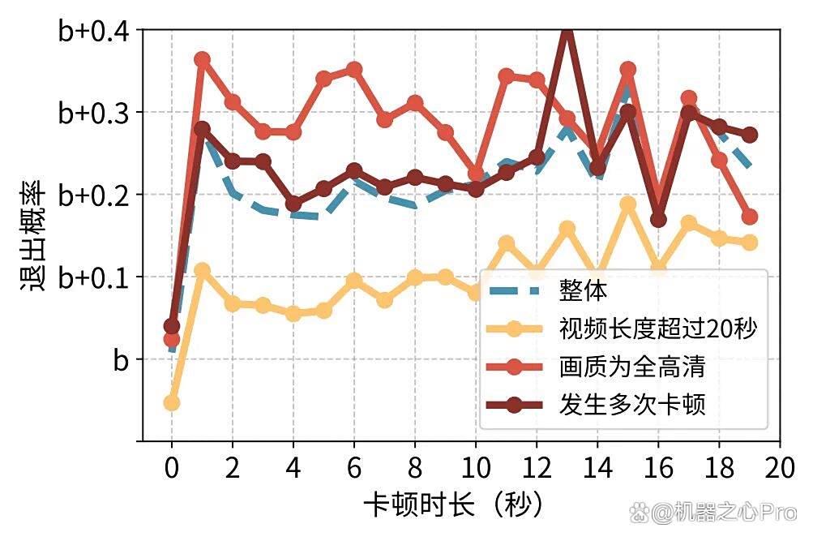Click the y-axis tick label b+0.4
click(x=94, y=31)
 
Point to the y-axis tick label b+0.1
click(x=94, y=277)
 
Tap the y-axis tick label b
click(x=121, y=359)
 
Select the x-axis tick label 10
click(x=476, y=467)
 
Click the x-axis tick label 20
click(x=780, y=467)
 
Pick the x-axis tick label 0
click(x=172, y=467)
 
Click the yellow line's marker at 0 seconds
click(x=172, y=403)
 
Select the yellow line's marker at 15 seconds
click(x=628, y=204)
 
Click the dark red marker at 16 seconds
click(x=658, y=220)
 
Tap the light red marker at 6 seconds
click(x=354, y=69)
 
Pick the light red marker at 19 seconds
click(x=749, y=217)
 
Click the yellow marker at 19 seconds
click(x=749, y=243)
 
